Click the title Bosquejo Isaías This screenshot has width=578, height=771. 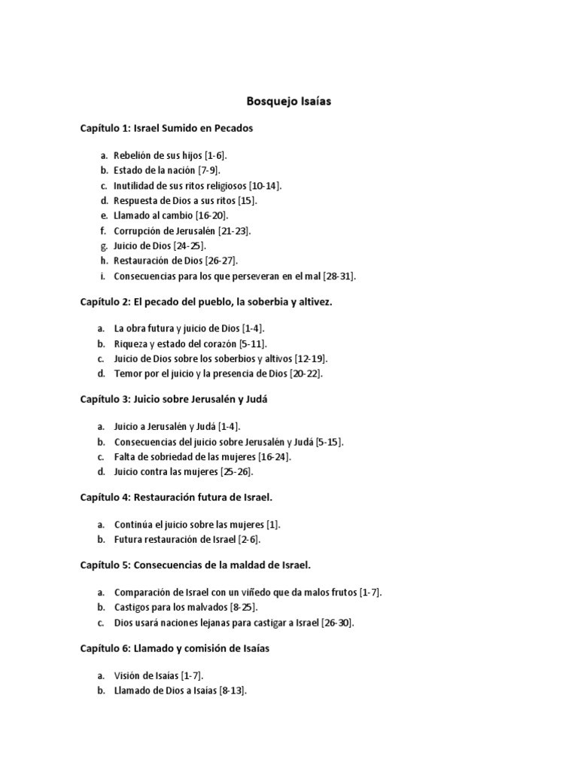coord(289,100)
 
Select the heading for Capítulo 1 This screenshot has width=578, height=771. coord(167,128)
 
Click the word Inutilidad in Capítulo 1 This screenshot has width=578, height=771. coord(134,185)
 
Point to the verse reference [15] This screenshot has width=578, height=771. coord(248,200)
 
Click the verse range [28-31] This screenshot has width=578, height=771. coord(339,276)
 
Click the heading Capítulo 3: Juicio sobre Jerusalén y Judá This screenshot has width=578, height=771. coord(174,399)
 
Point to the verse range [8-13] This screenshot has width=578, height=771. coord(232,690)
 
